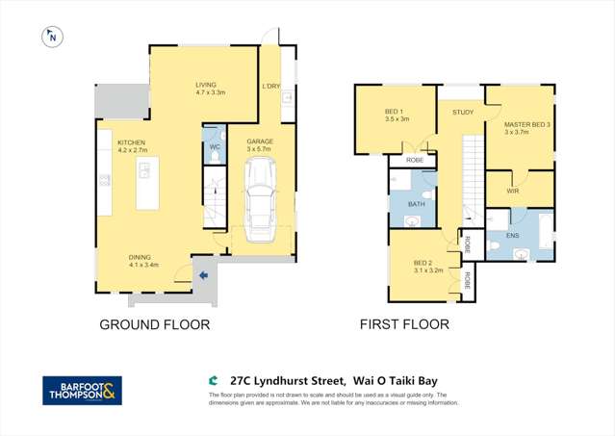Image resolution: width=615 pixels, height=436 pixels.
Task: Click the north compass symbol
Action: pos(51,38)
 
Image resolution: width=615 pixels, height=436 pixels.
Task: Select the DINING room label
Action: pos(143,257)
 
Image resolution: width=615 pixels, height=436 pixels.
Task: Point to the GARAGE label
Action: pos(260,141)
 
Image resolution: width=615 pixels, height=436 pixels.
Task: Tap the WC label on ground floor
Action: pos(215,146)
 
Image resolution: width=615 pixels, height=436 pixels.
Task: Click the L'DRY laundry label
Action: pos(271,87)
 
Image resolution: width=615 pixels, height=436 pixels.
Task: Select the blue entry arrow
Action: pos(203,276)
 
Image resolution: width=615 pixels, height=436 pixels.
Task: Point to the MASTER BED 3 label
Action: pos(528,125)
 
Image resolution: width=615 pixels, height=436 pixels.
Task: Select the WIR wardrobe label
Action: pos(514,191)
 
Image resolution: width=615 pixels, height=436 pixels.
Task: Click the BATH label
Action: pos(416,204)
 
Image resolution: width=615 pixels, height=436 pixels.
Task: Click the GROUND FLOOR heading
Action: pos(154,324)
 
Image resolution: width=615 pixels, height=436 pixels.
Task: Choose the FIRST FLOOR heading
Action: pos(404,324)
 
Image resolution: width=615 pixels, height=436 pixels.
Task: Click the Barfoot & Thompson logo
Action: pos(82,390)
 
